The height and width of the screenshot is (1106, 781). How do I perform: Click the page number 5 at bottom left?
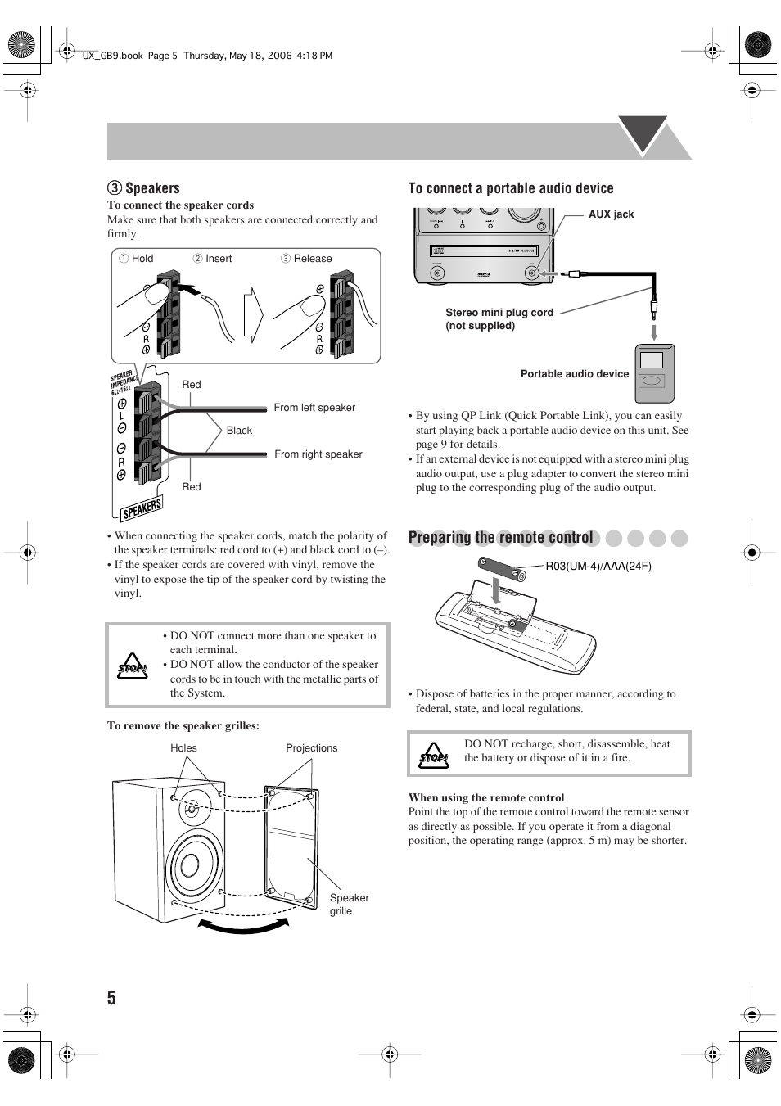pos(111,997)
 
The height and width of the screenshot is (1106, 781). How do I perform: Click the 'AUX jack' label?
pos(611,214)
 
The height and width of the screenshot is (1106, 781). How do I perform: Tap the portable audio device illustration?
pos(655,374)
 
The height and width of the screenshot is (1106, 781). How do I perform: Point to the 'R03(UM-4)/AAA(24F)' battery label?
pos(598,566)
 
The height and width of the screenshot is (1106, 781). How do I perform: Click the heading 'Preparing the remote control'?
pos(500,538)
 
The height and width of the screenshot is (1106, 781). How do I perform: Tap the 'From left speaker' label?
pos(314,408)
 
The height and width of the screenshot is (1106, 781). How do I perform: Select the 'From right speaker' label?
pos(318,454)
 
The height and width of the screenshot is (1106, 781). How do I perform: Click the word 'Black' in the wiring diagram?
pos(239,431)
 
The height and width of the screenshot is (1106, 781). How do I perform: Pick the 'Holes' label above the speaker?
pos(183,748)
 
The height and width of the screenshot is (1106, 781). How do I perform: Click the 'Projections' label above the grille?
pos(311,748)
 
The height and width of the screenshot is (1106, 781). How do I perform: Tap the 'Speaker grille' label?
pos(349,904)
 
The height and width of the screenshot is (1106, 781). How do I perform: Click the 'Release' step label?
pos(313,259)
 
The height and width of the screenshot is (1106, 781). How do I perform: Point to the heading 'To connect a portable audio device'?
pos(511,188)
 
